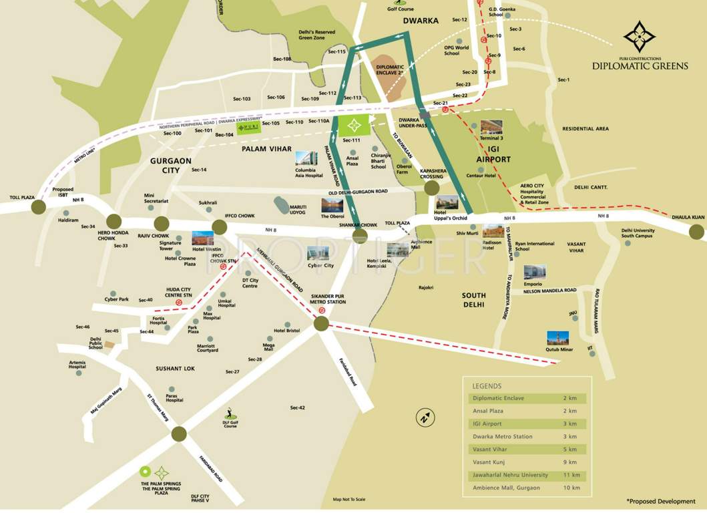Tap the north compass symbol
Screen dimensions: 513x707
click(424, 418)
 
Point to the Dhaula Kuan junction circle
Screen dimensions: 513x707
click(697, 232)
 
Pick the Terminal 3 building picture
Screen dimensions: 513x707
click(491, 127)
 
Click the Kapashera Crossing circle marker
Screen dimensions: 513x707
click(432, 189)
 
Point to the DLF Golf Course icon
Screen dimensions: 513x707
click(230, 410)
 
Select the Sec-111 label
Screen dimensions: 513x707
click(351, 140)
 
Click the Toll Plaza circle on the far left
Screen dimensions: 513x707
click(39, 207)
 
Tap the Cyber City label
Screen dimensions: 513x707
click(320, 265)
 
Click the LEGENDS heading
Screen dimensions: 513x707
click(487, 386)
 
